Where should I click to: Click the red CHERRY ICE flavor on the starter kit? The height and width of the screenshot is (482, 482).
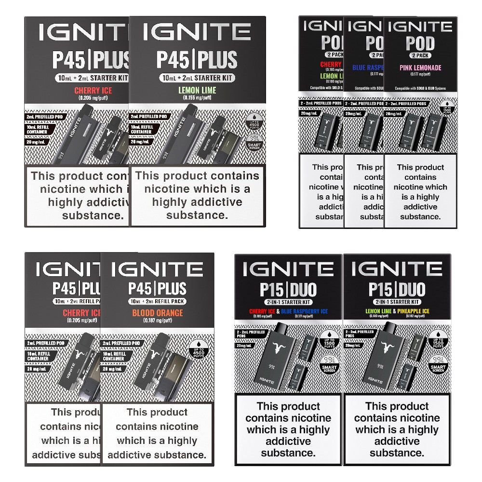pos(93,91)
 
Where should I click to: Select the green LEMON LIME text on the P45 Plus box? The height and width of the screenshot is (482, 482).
pos(197,90)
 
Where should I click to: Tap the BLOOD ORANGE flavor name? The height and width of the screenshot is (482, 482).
pos(158,313)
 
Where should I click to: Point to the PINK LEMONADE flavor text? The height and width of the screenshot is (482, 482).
pos(420,68)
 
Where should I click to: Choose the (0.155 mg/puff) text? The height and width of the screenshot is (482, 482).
pos(197,98)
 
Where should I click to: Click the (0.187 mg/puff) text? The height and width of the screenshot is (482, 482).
pos(158,321)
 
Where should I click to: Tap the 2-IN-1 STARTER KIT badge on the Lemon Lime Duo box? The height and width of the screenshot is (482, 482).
pos(397,302)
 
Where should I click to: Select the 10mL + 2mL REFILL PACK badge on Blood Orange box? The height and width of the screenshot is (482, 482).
pos(158,301)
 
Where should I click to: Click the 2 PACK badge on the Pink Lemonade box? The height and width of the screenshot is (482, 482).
pos(420,56)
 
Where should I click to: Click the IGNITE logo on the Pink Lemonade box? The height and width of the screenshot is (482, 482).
pos(420,27)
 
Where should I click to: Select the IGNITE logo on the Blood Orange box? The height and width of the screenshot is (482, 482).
pos(158,269)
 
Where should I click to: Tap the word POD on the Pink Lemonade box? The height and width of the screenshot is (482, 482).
pos(420,43)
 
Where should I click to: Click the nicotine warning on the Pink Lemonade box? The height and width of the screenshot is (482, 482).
pos(420,192)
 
